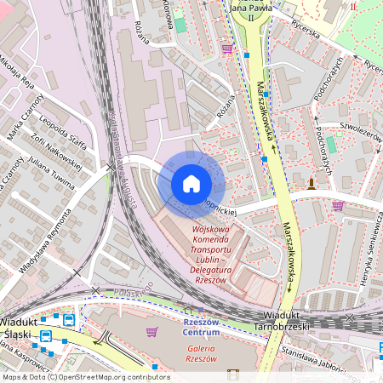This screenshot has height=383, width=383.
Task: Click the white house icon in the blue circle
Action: (191, 183)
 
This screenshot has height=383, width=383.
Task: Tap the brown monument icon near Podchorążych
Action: (312, 183)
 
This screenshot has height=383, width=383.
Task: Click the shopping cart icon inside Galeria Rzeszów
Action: (151, 331)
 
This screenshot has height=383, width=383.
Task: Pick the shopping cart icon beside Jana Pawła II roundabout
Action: (227, 49)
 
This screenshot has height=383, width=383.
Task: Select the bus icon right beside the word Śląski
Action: (45, 335)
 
